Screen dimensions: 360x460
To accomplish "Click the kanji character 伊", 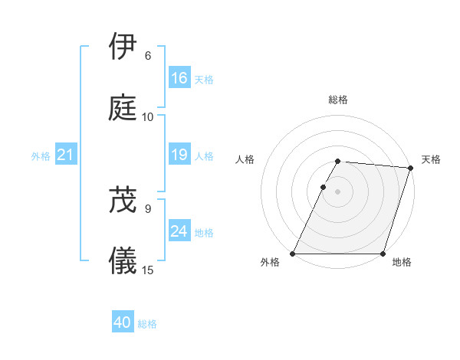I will click(x=123, y=47).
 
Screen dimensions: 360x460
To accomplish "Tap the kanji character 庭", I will click(x=123, y=109).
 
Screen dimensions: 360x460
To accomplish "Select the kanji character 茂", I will click(x=123, y=200).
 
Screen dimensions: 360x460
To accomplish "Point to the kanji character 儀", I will click(x=123, y=262).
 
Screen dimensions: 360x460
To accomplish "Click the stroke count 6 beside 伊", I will click(x=148, y=56).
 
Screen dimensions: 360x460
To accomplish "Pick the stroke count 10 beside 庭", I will click(x=148, y=117).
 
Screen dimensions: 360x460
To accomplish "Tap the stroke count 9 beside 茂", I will click(x=148, y=208).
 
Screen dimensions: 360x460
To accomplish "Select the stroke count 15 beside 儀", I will click(x=148, y=270).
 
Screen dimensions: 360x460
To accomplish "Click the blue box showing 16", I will click(x=179, y=78).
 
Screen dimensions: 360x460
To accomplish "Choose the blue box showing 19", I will click(x=179, y=155).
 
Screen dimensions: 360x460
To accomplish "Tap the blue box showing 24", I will click(x=179, y=231).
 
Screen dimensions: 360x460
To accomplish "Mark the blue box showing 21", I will click(x=66, y=155).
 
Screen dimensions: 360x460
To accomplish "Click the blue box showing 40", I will click(x=123, y=323).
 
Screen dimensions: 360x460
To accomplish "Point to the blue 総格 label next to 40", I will click(x=147, y=324).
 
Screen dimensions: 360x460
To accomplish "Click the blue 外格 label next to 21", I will click(x=41, y=156).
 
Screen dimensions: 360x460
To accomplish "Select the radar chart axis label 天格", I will click(x=431, y=159).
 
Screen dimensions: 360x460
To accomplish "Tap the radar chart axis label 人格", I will click(x=245, y=159).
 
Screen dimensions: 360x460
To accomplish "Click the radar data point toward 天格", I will click(x=411, y=168).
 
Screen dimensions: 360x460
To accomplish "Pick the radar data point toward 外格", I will click(x=293, y=254).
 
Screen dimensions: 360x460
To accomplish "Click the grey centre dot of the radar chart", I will click(x=338, y=191).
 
